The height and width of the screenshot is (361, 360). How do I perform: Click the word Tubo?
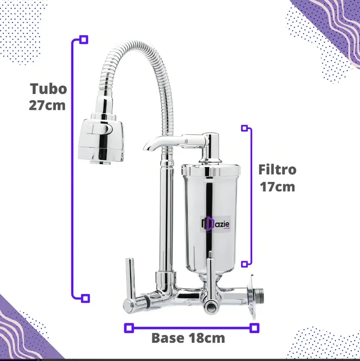[x=48, y=89]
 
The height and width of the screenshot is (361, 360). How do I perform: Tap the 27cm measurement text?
[x=47, y=105]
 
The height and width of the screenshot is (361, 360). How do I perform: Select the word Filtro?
[x=277, y=170]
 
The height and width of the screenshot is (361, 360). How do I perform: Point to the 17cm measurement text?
[x=278, y=186]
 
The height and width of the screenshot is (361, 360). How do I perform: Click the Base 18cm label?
[x=188, y=338]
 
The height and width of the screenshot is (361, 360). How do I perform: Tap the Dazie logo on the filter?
[x=215, y=223]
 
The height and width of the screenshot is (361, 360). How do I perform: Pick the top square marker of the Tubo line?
[x=84, y=39]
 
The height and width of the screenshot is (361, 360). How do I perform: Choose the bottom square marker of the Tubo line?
[x=85, y=298]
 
